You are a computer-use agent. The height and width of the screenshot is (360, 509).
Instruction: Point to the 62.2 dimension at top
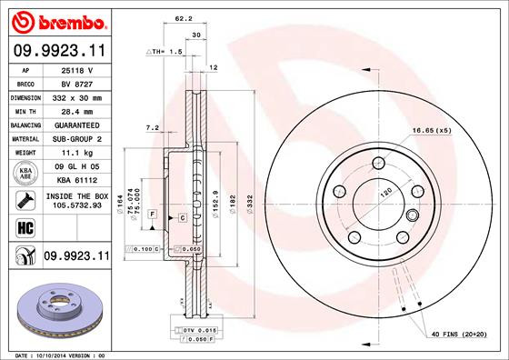tap(183, 17)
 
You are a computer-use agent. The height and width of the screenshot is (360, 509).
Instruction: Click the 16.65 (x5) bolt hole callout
tap(431, 131)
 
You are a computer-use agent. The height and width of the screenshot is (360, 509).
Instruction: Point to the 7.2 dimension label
tap(152, 128)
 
